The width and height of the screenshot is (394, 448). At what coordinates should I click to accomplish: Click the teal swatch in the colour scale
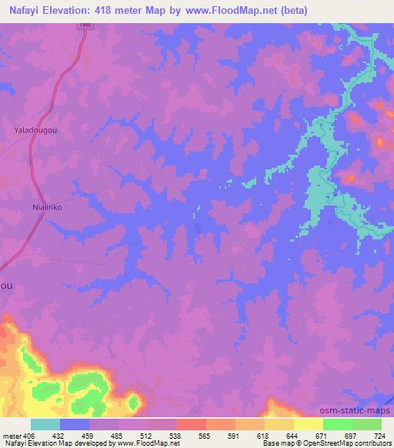45,424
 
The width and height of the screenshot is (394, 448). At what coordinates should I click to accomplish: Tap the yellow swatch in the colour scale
309,424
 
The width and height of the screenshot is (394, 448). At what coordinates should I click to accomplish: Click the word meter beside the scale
12,436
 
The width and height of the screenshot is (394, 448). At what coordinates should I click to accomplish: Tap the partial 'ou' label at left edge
6,285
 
